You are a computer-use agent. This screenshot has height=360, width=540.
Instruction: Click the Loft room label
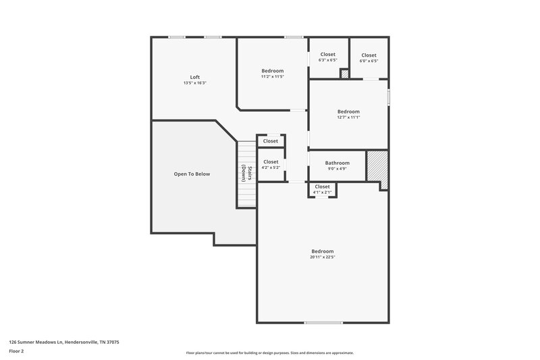(x=194, y=77)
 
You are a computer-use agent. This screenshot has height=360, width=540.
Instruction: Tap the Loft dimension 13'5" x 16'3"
(x=194, y=83)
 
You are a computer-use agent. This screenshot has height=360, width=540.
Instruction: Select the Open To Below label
(x=192, y=174)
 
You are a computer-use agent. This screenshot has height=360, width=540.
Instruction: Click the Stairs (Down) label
(x=246, y=174)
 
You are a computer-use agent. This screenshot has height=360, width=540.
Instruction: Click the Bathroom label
(x=337, y=163)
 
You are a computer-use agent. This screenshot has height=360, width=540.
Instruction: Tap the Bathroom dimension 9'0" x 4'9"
(x=337, y=169)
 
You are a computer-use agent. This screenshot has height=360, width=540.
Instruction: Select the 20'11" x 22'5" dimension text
(x=323, y=257)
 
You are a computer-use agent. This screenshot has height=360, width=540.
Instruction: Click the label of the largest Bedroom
(x=323, y=251)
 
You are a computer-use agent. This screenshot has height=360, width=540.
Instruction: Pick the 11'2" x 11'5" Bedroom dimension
(x=273, y=76)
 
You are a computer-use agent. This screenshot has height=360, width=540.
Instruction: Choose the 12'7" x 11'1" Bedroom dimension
(x=348, y=118)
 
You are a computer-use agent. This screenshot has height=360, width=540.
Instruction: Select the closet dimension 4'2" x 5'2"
(x=271, y=168)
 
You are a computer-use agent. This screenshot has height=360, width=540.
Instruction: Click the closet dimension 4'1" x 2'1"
(x=322, y=192)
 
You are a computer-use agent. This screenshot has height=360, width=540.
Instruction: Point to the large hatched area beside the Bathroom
(x=376, y=166)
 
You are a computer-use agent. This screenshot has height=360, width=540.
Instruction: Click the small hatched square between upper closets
(x=344, y=74)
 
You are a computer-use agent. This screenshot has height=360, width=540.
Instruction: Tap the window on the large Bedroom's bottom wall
(x=323, y=323)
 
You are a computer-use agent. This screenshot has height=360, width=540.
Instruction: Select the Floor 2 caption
(x=16, y=351)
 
